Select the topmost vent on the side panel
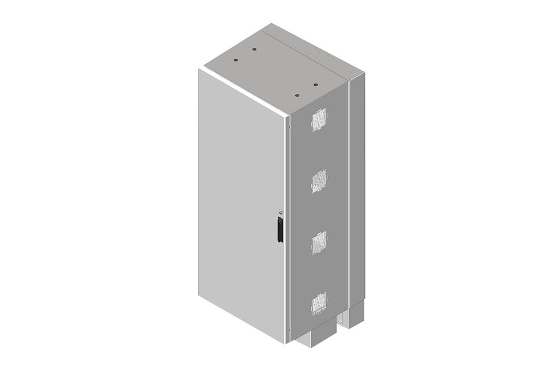tap(318, 120)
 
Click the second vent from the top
tap(318, 181)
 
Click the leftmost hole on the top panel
tap(236, 60)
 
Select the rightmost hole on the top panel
tap(315, 85)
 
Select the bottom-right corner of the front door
tap(286, 343)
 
